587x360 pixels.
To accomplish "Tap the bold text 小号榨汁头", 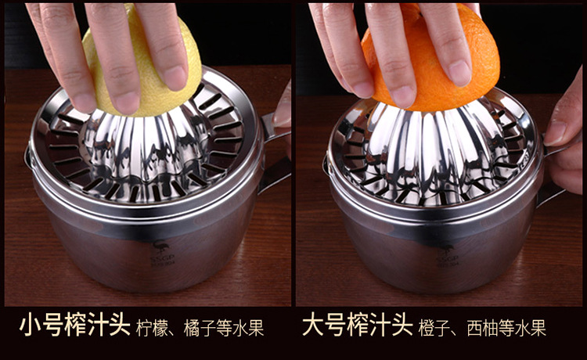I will point(74,325).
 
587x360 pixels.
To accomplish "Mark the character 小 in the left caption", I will point(30,325).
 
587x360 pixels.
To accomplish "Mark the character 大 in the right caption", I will point(313,325).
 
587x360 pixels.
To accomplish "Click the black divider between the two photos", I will point(293,157).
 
